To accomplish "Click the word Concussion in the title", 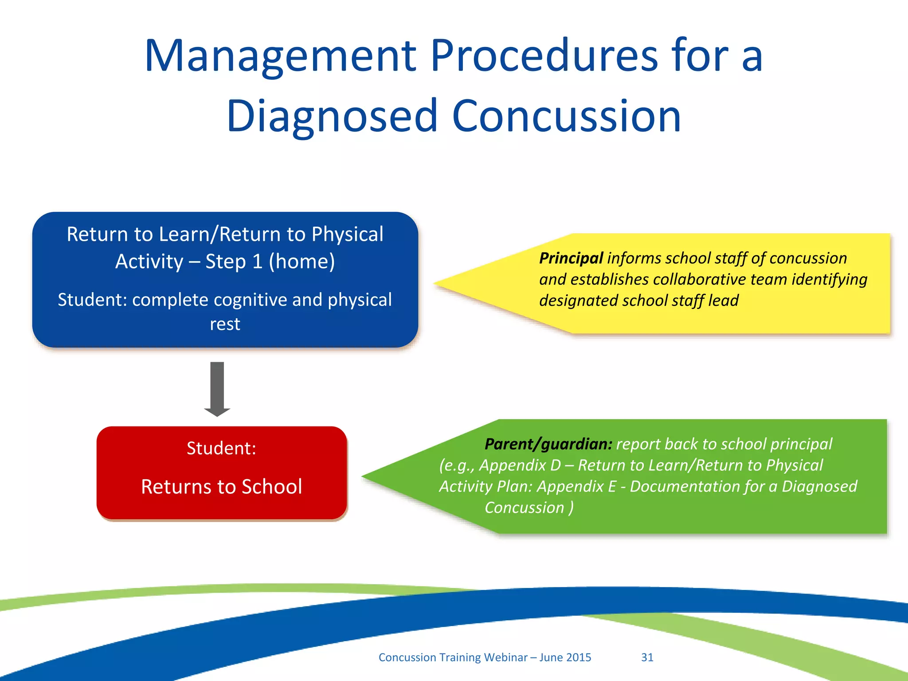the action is pyautogui.click(x=566, y=117).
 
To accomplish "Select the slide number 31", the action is pyautogui.click(x=647, y=657).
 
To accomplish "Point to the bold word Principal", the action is pyautogui.click(x=571, y=258).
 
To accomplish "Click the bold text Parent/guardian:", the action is pyautogui.click(x=548, y=444).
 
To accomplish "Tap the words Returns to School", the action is pyautogui.click(x=221, y=486).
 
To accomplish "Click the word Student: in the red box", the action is pyautogui.click(x=221, y=448).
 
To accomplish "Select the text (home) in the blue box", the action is pyautogui.click(x=301, y=262).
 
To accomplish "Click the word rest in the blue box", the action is pyautogui.click(x=225, y=324).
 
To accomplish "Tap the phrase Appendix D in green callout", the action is pyautogui.click(x=520, y=465).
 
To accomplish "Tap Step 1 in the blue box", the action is pyautogui.click(x=234, y=262).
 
